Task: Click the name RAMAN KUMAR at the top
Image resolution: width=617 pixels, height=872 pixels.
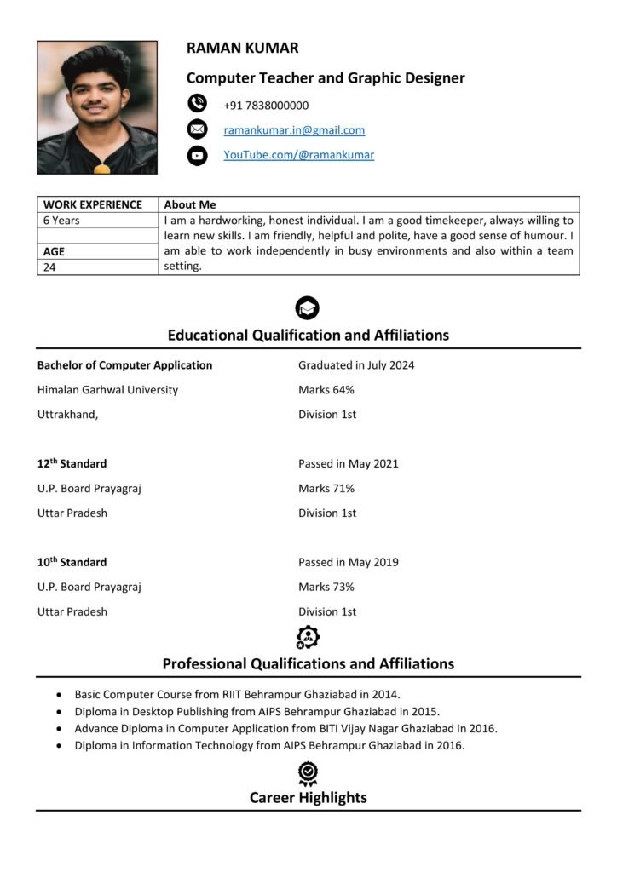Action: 243,49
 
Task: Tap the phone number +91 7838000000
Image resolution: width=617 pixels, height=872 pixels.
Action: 266,106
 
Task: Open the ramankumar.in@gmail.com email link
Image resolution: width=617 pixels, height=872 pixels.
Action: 294,130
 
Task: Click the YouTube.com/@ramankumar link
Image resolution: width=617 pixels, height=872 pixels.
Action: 298,155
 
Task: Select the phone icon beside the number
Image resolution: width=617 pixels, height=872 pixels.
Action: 197,104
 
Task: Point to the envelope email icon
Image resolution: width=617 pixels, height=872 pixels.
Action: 197,129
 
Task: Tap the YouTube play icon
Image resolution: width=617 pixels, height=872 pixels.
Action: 197,155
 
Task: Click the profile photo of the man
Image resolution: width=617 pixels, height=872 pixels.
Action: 97,107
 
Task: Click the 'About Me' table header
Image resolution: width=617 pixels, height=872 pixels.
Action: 190,204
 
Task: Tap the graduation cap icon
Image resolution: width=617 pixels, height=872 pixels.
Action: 308,308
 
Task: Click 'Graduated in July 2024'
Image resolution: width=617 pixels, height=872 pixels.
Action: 356,365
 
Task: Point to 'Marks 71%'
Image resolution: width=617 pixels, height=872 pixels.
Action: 326,489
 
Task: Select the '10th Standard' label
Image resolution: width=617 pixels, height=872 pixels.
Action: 72,562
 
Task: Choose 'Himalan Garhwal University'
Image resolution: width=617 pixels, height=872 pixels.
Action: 107,390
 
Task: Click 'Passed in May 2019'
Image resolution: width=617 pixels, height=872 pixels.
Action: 349,562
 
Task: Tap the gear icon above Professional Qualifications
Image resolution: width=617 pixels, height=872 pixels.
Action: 308,637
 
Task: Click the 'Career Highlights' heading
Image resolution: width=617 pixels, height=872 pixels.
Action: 308,798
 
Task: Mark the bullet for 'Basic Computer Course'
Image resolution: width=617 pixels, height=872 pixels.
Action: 58,695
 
